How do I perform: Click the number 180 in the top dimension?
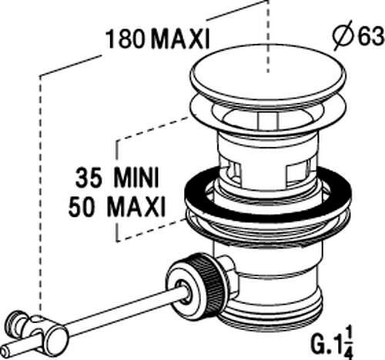(x=126, y=39)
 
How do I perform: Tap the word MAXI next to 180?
(x=181, y=39)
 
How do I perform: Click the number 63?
(x=370, y=36)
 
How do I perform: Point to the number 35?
(x=89, y=177)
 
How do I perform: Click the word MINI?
(x=137, y=177)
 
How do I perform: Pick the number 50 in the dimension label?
(x=82, y=206)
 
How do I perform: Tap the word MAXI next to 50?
(x=136, y=206)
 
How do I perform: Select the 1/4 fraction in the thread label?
(x=348, y=343)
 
